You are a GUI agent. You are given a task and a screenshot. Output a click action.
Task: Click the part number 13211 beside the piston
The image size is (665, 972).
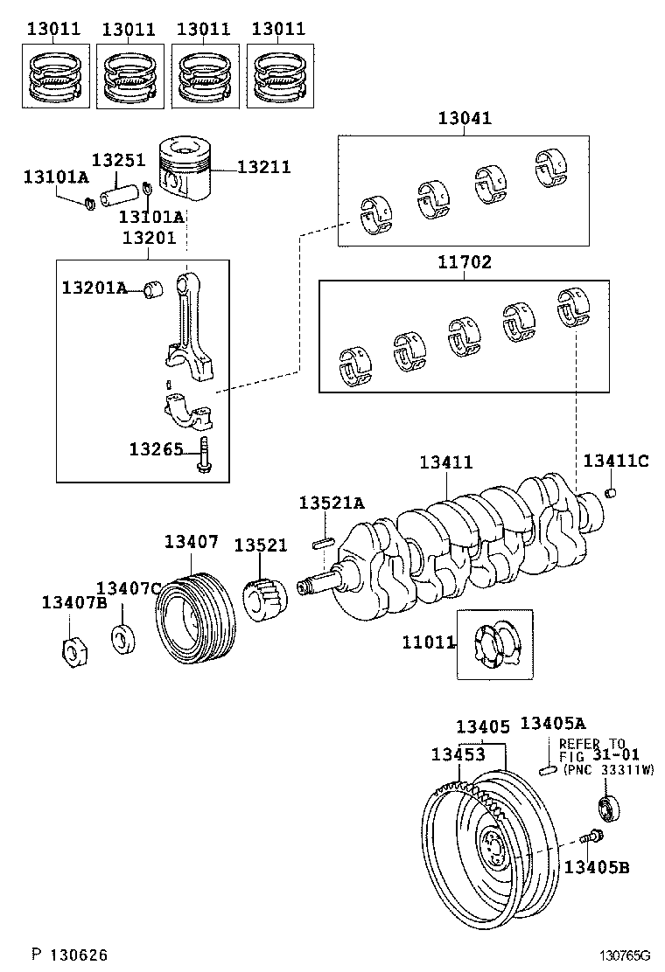coord(263,167)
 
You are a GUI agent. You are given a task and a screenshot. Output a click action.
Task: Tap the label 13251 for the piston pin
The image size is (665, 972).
coord(118,161)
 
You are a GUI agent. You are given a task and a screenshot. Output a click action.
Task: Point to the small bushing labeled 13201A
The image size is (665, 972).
coord(155,288)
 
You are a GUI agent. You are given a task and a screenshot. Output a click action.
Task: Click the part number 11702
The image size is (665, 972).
coord(465,261)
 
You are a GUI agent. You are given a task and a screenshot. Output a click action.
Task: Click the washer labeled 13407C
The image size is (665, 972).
coord(122,637)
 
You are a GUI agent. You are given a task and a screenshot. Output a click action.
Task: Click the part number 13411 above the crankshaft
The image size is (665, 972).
coord(445,462)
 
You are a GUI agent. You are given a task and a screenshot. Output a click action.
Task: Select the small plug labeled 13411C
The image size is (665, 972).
coord(612,494)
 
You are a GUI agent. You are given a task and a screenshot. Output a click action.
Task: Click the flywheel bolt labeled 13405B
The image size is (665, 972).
coord(590,837)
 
